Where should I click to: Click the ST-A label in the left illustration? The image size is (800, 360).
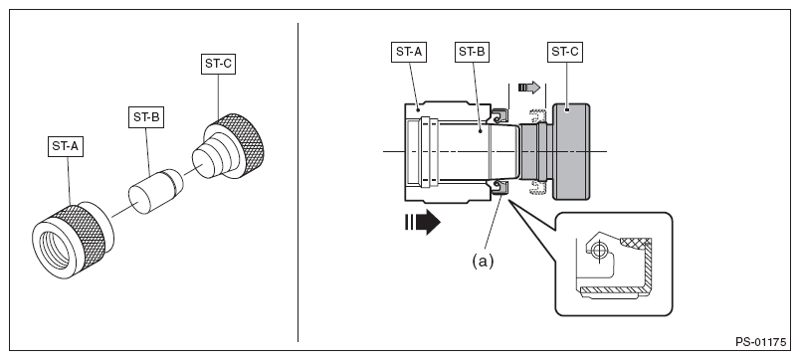point(66,146)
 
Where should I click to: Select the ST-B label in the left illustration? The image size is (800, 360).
point(146,117)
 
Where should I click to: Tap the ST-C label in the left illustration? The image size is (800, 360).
point(218,64)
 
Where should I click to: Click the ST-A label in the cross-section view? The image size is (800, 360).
point(409,52)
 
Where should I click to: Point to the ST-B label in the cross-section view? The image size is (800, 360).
point(472,52)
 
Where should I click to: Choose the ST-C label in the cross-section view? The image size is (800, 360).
point(565,52)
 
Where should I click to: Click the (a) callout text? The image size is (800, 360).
point(483,262)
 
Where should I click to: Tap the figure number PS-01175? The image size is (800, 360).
point(761,342)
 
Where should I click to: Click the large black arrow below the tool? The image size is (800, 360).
point(423,222)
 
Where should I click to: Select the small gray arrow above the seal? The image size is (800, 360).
point(529,88)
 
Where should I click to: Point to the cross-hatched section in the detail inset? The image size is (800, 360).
point(636,243)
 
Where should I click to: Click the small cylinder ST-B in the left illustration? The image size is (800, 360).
point(155,191)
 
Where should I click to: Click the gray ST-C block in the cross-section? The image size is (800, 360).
point(571,151)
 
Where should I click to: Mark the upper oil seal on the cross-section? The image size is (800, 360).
point(499,116)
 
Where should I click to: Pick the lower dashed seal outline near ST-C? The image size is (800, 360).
point(538,187)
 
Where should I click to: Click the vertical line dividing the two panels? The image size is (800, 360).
point(298,182)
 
